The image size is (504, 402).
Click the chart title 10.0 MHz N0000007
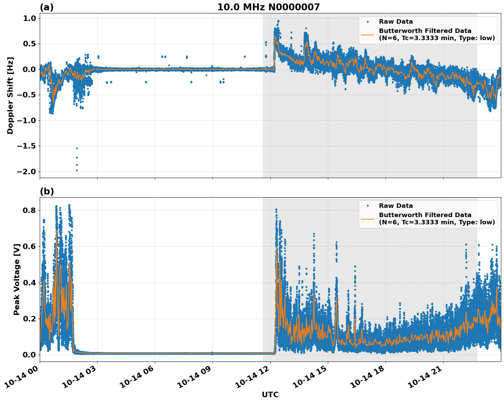pyautogui.click(x=268, y=7)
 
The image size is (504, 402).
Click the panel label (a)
pyautogui.click(x=47, y=7)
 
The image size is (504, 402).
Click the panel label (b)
pyautogui.click(x=47, y=191)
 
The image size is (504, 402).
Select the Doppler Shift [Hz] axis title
pyautogui.click(x=10, y=95)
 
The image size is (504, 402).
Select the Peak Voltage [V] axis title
pyautogui.click(x=17, y=279)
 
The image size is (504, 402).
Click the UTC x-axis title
pyautogui.click(x=270, y=394)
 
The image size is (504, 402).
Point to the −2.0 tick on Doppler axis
pyautogui.click(x=26, y=172)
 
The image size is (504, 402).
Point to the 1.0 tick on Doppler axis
pyautogui.click(x=29, y=18)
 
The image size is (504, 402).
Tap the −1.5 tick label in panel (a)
pyautogui.click(x=26, y=146)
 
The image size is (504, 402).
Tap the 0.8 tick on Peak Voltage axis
pyautogui.click(x=29, y=210)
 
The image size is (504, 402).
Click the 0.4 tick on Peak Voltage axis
pyautogui.click(x=29, y=283)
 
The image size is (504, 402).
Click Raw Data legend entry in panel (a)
pyautogui.click(x=396, y=22)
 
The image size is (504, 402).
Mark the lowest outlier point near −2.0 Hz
pyautogui.click(x=77, y=170)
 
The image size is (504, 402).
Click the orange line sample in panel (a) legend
pyautogui.click(x=367, y=34)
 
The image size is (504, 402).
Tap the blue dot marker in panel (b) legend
pyautogui.click(x=367, y=206)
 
